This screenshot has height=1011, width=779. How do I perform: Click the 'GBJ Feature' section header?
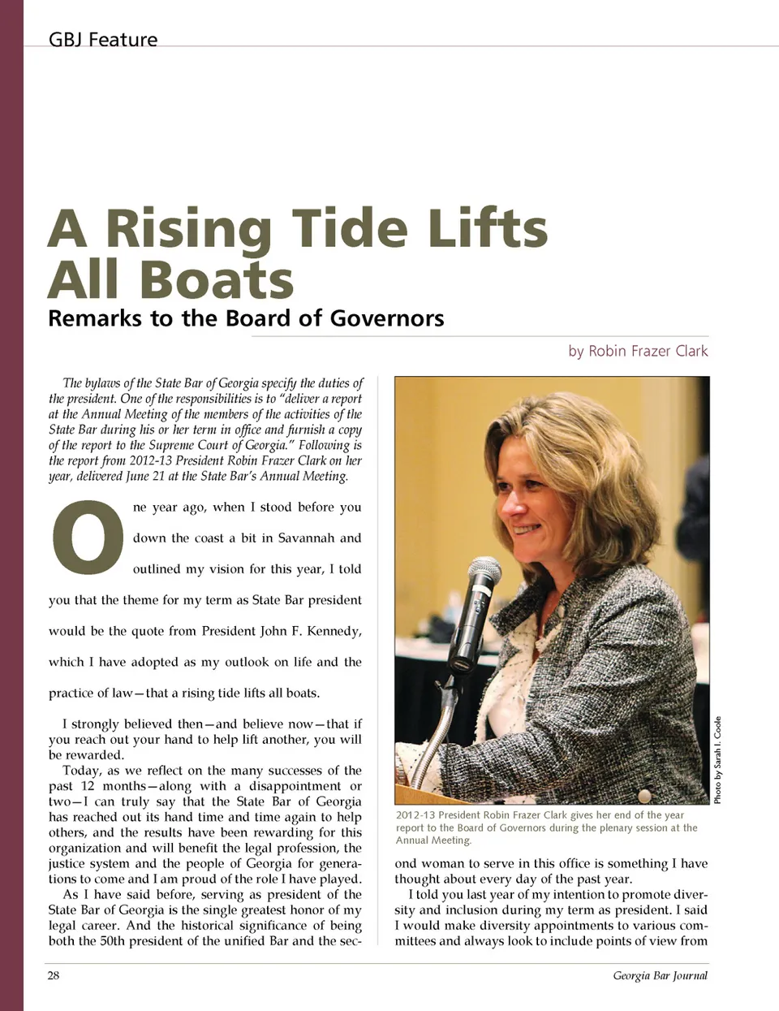click(103, 39)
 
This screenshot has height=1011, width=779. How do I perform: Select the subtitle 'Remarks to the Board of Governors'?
click(246, 318)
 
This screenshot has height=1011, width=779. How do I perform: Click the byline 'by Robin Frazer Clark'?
click(638, 351)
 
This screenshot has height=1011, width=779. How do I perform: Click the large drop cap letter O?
click(88, 537)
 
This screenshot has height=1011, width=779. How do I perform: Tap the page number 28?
click(54, 975)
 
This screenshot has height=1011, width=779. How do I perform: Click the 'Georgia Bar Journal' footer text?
click(660, 975)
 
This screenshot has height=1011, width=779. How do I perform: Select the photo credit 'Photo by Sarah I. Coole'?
click(717, 760)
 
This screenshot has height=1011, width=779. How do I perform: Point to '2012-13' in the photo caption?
click(416, 815)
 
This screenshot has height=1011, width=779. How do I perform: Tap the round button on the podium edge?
click(644, 795)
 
